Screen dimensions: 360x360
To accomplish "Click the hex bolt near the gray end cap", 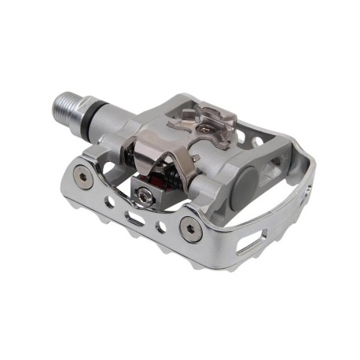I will [x=189, y=228].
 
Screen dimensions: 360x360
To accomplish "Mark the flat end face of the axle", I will [x=57, y=104].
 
